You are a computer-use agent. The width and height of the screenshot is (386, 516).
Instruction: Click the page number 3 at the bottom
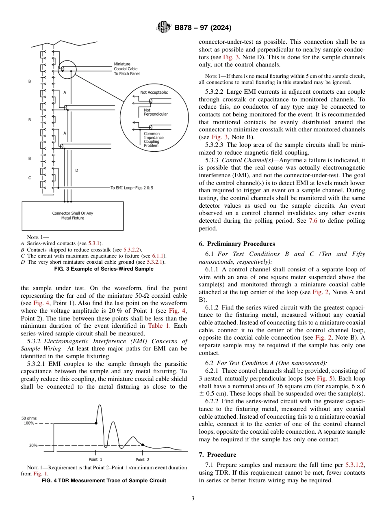tap(193, 498)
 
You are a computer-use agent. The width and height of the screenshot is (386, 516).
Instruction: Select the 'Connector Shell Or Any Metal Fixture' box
tap(73, 215)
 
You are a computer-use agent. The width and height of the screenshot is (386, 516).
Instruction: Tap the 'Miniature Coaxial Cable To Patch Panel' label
tap(126, 69)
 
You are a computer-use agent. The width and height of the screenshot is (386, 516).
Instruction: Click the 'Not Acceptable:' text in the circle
tap(154, 92)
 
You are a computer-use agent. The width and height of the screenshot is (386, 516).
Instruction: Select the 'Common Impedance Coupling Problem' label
tap(154, 139)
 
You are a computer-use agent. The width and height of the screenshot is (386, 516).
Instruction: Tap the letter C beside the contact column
tap(29, 178)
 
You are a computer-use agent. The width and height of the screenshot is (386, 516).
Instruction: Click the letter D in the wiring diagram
tap(76, 170)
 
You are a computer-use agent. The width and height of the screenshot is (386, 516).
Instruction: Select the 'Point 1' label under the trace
tap(95, 459)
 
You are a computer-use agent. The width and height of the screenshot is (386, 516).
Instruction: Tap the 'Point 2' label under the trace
tap(142, 459)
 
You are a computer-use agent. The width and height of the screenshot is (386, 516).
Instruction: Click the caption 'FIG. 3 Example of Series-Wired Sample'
tap(104, 268)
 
